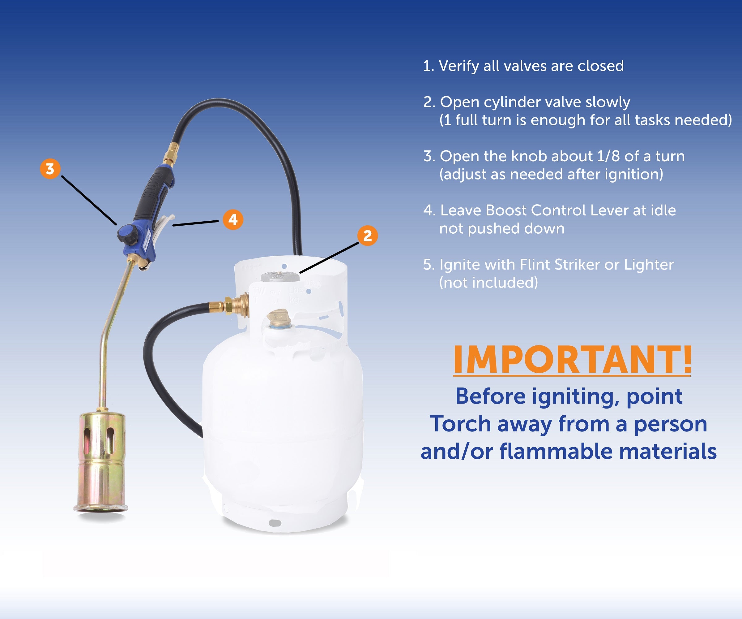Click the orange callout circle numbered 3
(x=50, y=169)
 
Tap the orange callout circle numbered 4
(x=233, y=220)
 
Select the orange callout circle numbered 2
(x=368, y=236)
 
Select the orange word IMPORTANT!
(x=572, y=360)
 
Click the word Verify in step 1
(x=458, y=66)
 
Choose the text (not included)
(x=489, y=283)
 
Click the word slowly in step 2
(x=608, y=102)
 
